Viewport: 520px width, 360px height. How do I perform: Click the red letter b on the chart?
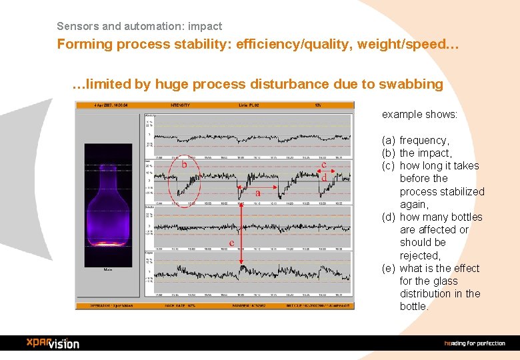(x=184, y=163)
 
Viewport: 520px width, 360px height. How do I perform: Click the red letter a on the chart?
(x=257, y=193)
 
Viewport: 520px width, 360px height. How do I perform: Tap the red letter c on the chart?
(x=323, y=164)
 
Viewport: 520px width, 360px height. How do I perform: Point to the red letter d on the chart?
(x=323, y=178)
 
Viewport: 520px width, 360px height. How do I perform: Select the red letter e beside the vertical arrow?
(x=231, y=243)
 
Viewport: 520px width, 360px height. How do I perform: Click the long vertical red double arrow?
(x=241, y=227)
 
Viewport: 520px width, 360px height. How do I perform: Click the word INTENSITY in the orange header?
(x=180, y=105)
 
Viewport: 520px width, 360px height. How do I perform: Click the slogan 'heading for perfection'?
(x=475, y=343)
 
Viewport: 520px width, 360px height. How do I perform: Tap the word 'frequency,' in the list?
(x=424, y=140)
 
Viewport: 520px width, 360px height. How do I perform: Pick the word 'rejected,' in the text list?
(x=420, y=255)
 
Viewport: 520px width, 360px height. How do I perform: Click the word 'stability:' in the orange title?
(x=206, y=45)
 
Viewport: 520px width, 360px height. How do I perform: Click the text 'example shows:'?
(x=419, y=114)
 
